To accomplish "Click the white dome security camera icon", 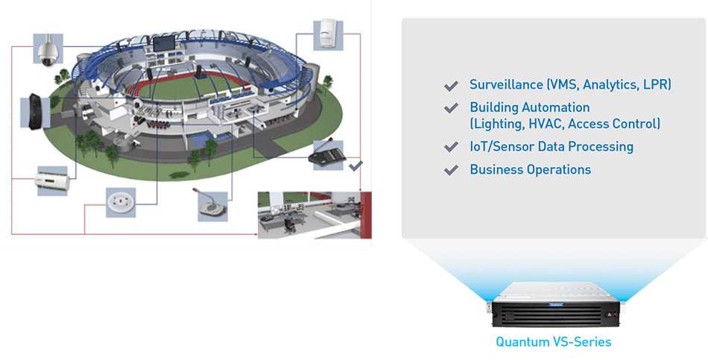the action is pyautogui.click(x=48, y=50).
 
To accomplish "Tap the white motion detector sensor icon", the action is pyautogui.click(x=328, y=35).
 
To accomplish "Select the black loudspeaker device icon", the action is pyautogui.click(x=35, y=111).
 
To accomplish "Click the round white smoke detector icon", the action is pyautogui.click(x=121, y=202).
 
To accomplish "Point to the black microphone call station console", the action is pyautogui.click(x=328, y=155).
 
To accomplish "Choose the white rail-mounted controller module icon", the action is pyautogui.click(x=53, y=180).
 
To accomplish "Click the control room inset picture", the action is pyautogui.click(x=315, y=215).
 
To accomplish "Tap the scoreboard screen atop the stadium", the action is pyautogui.click(x=163, y=43).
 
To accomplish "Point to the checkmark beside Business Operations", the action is pyautogui.click(x=451, y=170).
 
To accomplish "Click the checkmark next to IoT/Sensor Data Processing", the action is pyautogui.click(x=451, y=148).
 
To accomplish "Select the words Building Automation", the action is pyautogui.click(x=530, y=107).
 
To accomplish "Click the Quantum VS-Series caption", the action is pyautogui.click(x=554, y=341).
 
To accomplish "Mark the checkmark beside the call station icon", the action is pyautogui.click(x=355, y=166).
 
